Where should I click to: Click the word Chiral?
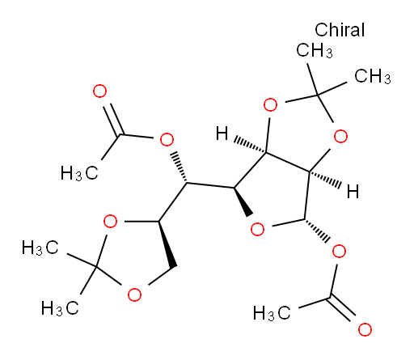(340, 30)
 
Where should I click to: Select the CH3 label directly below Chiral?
(315, 50)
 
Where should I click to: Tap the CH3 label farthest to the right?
(373, 76)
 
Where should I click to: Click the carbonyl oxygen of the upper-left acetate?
(99, 91)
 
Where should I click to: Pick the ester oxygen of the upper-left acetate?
(167, 139)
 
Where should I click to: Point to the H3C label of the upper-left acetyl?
(79, 173)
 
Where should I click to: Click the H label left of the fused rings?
(222, 133)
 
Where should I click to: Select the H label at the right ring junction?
(353, 192)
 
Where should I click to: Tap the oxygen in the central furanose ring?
(257, 230)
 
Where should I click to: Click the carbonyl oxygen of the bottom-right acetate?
(365, 329)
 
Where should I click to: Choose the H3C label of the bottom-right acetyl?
(272, 313)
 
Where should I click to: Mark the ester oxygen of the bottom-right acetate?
(339, 252)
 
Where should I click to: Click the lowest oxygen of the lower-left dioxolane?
(134, 294)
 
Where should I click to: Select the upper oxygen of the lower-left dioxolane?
(110, 222)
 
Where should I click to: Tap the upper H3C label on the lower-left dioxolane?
(40, 248)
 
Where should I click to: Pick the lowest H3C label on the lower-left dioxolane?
(60, 307)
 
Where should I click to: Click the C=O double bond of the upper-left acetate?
(113, 120)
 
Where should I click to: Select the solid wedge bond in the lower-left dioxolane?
(167, 244)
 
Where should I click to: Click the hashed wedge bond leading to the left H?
(250, 146)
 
